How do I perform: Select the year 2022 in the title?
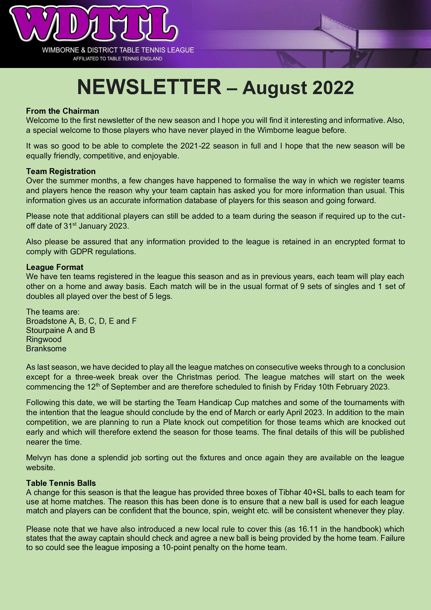pyautogui.click(x=333, y=88)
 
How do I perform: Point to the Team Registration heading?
pyautogui.click(x=61, y=171)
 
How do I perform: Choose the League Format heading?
pyautogui.click(x=55, y=267)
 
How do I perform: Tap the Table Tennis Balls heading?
pyautogui.click(x=61, y=483)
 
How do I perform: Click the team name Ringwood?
pyautogui.click(x=44, y=339)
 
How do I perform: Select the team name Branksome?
pyautogui.click(x=46, y=349)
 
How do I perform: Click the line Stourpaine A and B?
pyautogui.click(x=60, y=330)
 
